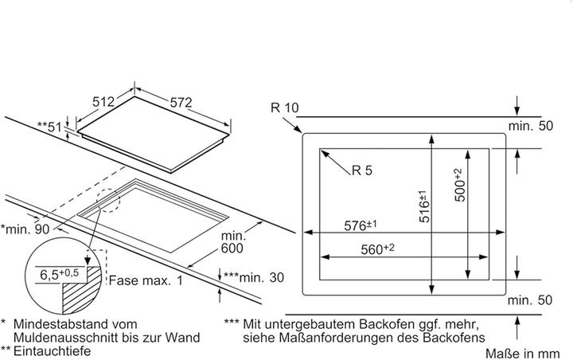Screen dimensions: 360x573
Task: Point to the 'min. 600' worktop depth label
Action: point(232,243)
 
